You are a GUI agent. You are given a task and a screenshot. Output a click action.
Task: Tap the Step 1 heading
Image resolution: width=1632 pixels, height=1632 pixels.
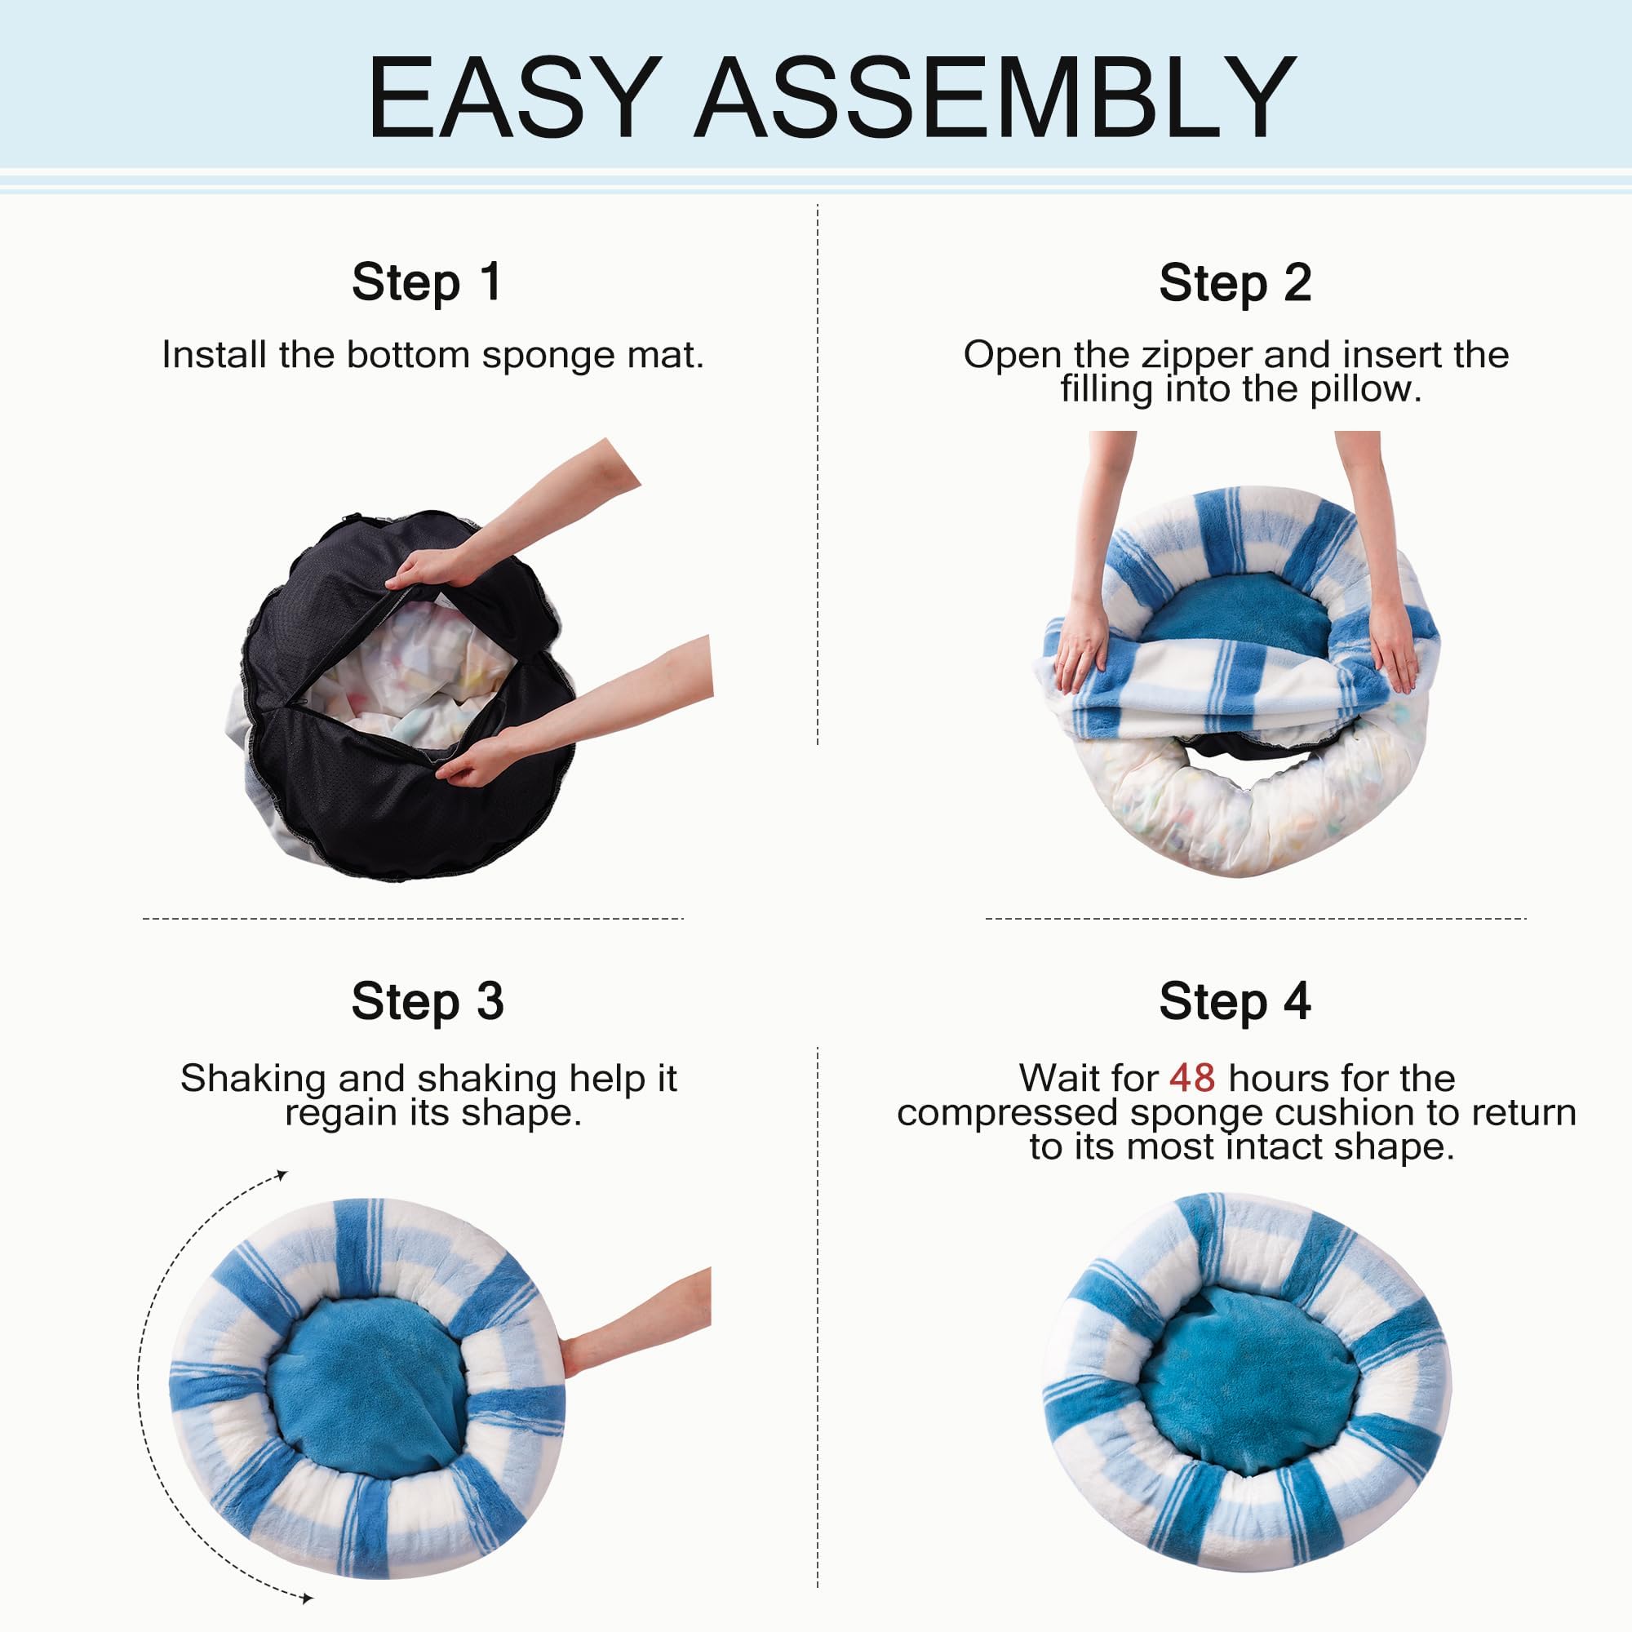point(428,282)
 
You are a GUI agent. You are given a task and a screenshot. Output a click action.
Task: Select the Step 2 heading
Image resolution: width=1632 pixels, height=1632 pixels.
point(1235,282)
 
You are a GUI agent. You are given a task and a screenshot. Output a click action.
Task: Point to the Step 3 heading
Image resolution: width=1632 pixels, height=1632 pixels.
point(428,1002)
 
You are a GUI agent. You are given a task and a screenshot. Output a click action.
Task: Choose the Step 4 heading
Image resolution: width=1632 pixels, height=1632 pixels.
point(1235,1002)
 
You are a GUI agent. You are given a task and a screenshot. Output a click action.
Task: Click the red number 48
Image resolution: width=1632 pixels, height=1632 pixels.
point(1192,1078)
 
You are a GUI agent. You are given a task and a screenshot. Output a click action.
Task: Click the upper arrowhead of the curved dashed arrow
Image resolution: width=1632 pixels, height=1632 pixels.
point(282,1175)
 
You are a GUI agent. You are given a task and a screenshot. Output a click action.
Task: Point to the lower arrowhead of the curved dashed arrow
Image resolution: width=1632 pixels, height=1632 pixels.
point(308,1599)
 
